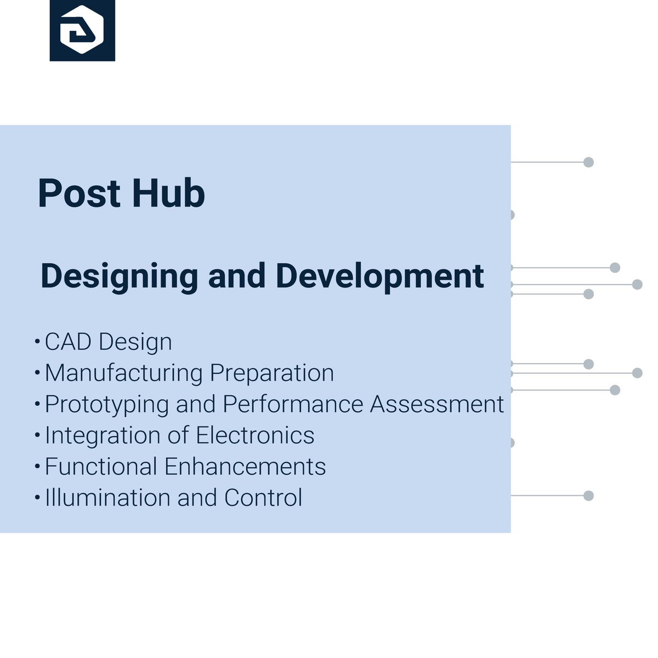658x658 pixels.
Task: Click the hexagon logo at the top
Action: coord(82,30)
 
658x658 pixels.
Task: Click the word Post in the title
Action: coord(79,194)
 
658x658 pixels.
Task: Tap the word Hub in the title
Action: coord(168,194)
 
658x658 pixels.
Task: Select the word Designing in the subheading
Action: coord(119,276)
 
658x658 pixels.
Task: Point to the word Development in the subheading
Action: coord(379,276)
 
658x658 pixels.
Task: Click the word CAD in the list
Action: coord(68,342)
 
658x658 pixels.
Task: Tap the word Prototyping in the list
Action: coord(107,405)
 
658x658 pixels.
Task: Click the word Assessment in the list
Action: coord(437,405)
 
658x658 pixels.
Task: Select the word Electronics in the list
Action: coord(255,436)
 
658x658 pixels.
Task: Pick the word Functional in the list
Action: coord(101,467)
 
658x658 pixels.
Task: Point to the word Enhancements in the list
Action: coord(245,467)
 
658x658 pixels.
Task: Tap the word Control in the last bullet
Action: coord(263,498)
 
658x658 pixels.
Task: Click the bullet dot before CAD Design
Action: coord(37,342)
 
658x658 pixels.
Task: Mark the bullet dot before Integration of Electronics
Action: coord(37,436)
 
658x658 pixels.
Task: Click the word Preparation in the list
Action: coord(272,373)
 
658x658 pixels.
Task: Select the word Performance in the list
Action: coord(293,405)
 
